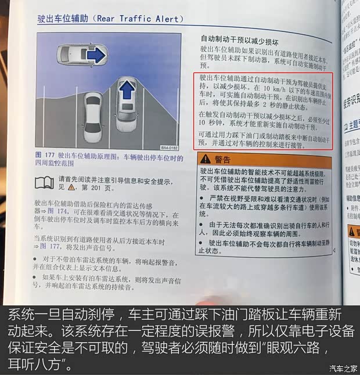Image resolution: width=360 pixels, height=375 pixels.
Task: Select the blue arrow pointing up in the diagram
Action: coord(126,91)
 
